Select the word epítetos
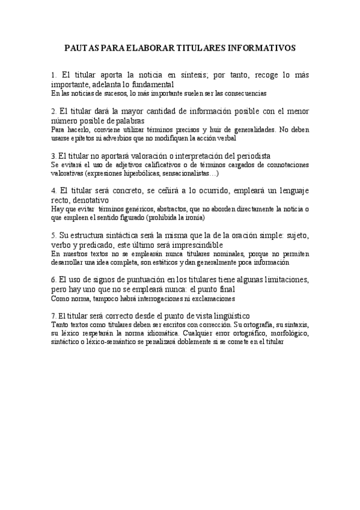pyautogui.click(x=87, y=137)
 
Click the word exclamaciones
pyautogui.click(x=212, y=298)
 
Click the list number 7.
pyautogui.click(x=54, y=316)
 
